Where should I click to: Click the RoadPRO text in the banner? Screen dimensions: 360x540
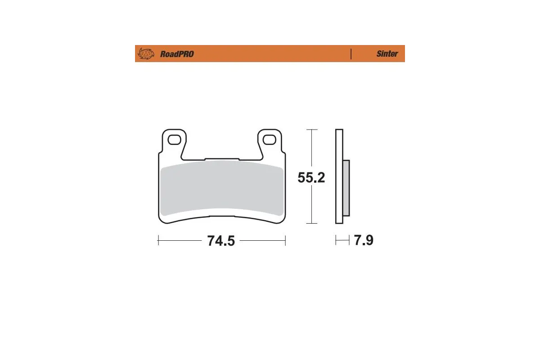pyautogui.click(x=177, y=54)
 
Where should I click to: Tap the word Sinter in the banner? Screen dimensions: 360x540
pyautogui.click(x=387, y=54)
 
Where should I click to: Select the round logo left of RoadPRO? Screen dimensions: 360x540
pyautogui.click(x=146, y=54)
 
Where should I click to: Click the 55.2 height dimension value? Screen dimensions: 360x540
pyautogui.click(x=311, y=178)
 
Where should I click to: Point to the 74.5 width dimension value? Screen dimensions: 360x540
pyautogui.click(x=221, y=241)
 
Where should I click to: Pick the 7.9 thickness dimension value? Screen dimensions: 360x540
pyautogui.click(x=364, y=241)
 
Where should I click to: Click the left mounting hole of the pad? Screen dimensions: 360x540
pyautogui.click(x=173, y=140)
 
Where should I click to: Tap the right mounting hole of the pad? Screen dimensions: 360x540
pyautogui.click(x=269, y=140)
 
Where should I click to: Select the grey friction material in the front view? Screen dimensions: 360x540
pyautogui.click(x=221, y=189)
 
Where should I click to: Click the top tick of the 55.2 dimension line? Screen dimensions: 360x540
pyautogui.click(x=311, y=130)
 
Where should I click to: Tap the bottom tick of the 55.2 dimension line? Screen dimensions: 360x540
pyautogui.click(x=311, y=223)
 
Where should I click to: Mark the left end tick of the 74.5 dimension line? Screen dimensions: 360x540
pyautogui.click(x=158, y=241)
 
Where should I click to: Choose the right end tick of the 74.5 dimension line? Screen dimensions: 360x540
pyautogui.click(x=286, y=241)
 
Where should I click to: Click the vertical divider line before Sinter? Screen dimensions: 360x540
pyautogui.click(x=351, y=54)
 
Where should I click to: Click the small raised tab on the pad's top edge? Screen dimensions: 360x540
pyautogui.click(x=221, y=159)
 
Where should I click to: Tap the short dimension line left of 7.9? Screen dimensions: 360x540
pyautogui.click(x=342, y=241)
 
